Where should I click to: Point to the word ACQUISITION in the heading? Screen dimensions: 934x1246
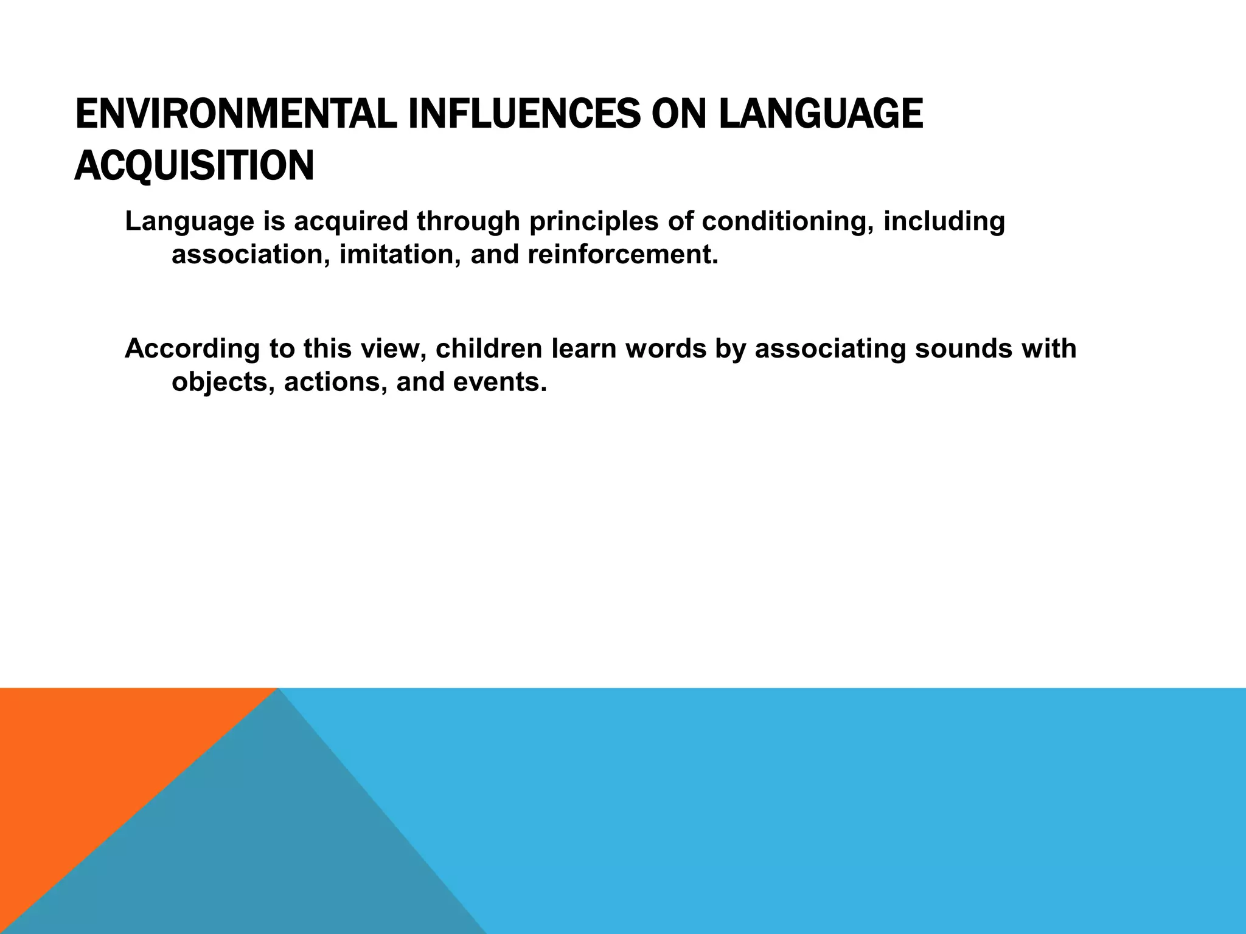[194, 165]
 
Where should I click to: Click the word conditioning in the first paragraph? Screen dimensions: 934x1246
[787, 221]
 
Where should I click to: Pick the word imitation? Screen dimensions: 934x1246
[399, 254]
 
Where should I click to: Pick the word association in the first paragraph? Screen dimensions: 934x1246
[250, 254]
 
